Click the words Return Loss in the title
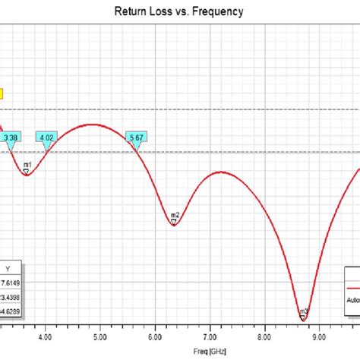click(141, 12)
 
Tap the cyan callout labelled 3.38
click(11, 137)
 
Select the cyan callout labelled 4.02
click(47, 137)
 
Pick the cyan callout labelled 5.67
click(137, 137)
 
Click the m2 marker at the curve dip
click(175, 217)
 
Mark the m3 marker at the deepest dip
click(303, 313)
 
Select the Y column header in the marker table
click(8, 268)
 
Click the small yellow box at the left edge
click(2, 94)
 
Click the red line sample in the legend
click(353, 289)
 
